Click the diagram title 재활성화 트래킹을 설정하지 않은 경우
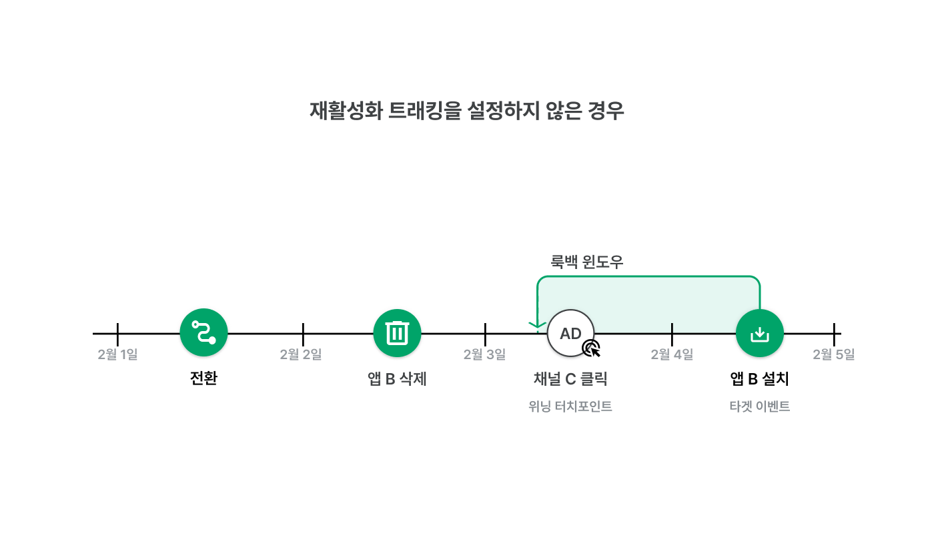point(466,111)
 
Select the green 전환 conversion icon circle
point(203,332)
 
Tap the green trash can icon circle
point(397,333)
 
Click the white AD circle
point(570,333)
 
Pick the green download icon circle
point(760,333)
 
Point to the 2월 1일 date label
point(117,354)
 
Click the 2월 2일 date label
point(301,354)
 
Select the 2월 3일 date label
point(484,354)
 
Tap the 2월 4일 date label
point(672,354)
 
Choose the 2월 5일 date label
point(833,354)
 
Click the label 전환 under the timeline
point(203,378)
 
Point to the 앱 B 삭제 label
point(397,379)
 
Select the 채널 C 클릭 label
point(570,379)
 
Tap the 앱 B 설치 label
point(760,379)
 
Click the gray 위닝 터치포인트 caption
point(570,407)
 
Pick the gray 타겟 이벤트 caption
point(760,407)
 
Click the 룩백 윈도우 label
point(586,262)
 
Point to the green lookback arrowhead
point(538,325)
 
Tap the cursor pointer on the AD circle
point(592,348)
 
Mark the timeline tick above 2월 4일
point(672,334)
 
